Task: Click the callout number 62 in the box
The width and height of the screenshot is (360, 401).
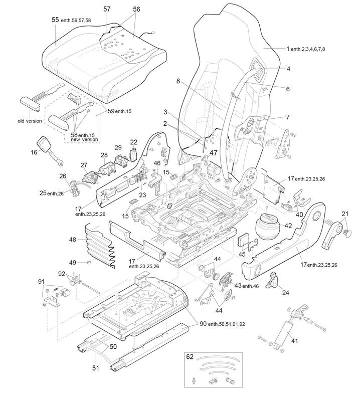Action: [190, 358]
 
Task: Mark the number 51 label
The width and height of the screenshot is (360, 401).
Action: [96, 368]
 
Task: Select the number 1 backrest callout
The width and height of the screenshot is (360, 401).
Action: [288, 49]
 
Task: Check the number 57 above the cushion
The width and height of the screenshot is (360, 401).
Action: [107, 9]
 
